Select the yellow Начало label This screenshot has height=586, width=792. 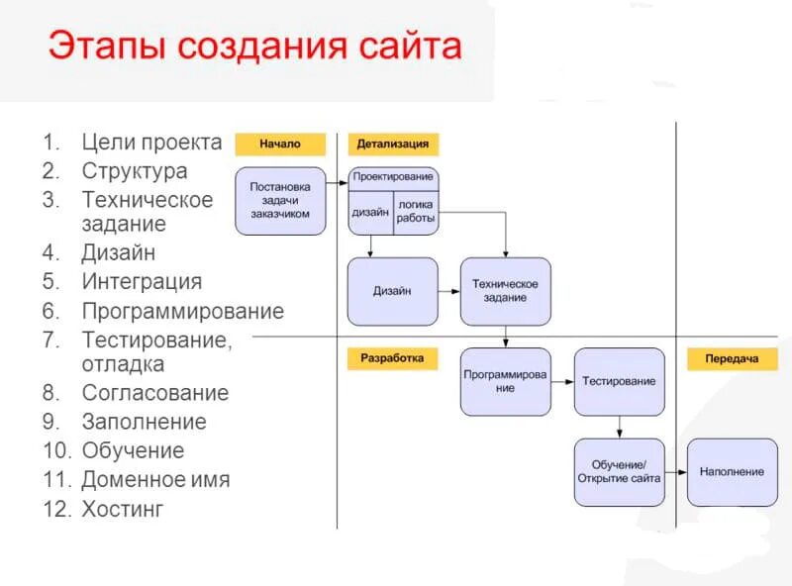(280, 145)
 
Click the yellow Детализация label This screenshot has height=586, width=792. (393, 145)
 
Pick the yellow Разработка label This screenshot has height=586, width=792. (392, 358)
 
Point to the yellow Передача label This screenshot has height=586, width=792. (733, 358)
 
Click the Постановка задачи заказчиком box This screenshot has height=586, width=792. (280, 200)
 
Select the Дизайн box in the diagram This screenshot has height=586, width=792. (392, 291)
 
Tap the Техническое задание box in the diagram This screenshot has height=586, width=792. (505, 291)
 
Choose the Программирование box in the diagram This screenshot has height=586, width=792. (505, 381)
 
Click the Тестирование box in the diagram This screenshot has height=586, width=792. (619, 381)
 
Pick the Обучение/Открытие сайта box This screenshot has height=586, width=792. (619, 472)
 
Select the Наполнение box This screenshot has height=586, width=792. (732, 472)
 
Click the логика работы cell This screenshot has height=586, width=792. (416, 212)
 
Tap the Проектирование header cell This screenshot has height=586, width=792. (393, 177)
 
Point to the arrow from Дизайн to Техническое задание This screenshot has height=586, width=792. (448, 291)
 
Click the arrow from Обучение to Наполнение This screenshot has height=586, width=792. (675, 472)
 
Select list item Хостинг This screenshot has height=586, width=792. (123, 510)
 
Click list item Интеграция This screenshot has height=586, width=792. (142, 282)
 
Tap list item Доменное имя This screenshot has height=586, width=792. (155, 480)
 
